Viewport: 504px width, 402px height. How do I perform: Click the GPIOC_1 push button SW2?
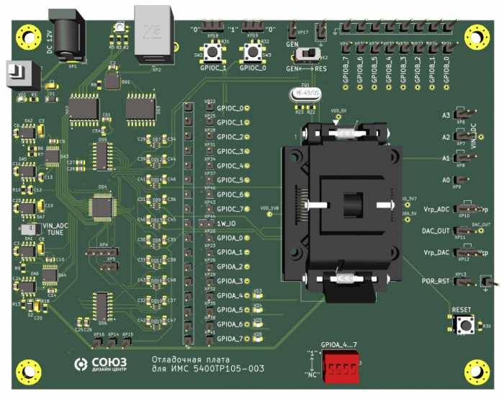[213, 53]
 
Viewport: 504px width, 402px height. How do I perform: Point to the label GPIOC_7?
[230, 209]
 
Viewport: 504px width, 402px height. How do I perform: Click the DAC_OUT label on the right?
[436, 231]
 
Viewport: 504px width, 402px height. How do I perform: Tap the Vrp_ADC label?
[436, 210]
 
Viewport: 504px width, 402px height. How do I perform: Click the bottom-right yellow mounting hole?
[475, 370]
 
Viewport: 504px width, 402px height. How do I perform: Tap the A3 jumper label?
[446, 115]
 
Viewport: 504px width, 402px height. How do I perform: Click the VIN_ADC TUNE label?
[58, 229]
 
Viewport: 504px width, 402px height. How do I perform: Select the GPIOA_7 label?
[230, 339]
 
